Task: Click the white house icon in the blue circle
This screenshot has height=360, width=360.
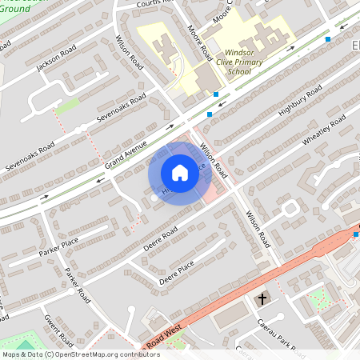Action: pos(180,172)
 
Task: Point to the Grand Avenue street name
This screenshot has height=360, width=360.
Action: pos(126,154)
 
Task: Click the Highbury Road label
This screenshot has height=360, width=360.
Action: pos(300,102)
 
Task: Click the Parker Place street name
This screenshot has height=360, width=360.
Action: pos(58,247)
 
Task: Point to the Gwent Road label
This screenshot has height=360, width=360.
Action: pos(59,330)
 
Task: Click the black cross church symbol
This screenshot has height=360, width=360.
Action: pos(261,299)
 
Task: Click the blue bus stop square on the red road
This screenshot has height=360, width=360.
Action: pos(356,234)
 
